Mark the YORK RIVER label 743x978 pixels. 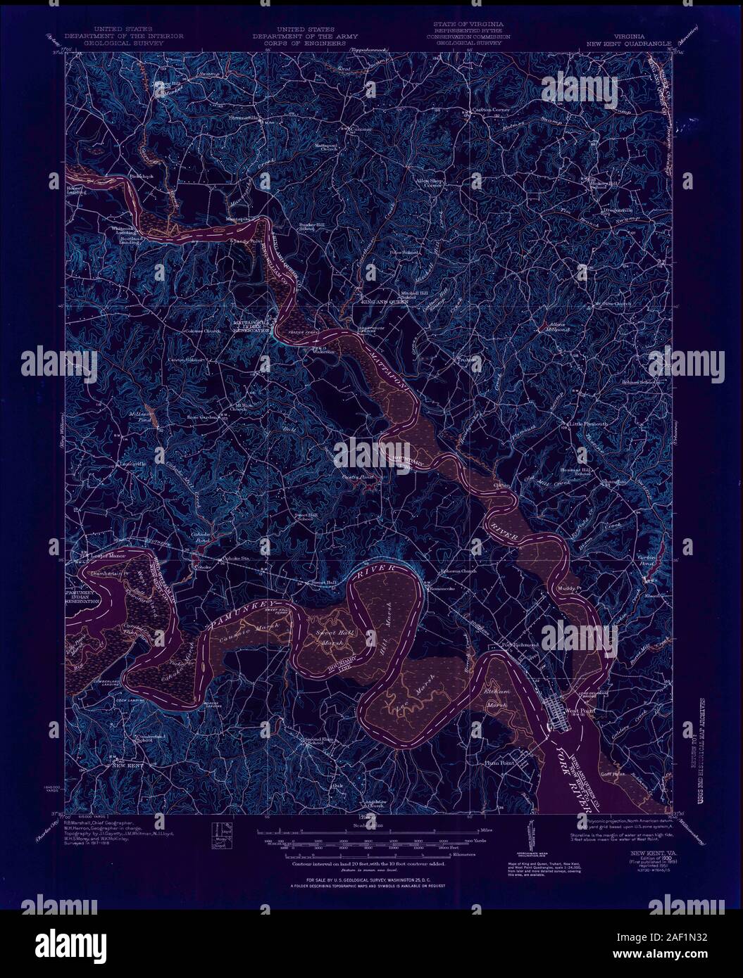(x=572, y=769)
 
